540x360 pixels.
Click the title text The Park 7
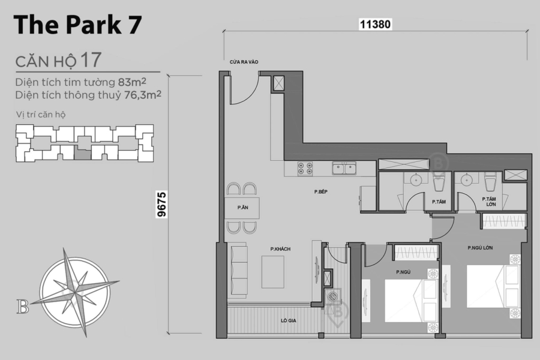[77, 25]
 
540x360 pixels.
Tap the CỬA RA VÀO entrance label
[243, 62]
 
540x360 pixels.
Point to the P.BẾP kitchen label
[320, 192]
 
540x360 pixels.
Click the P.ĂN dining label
[243, 208]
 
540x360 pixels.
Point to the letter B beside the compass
[23, 307]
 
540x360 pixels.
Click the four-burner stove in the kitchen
[305, 169]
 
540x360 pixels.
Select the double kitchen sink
[344, 169]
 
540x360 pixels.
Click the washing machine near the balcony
[332, 296]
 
